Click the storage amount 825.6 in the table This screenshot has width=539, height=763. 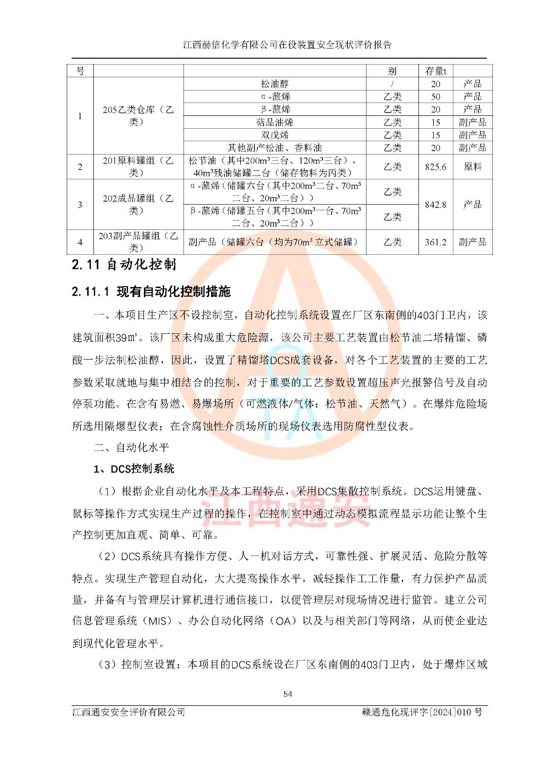coord(436,167)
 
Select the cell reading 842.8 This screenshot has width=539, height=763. coord(436,205)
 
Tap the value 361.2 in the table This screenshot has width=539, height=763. coord(436,242)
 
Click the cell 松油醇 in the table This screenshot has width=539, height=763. coord(275,84)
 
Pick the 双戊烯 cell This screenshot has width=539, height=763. coord(275,135)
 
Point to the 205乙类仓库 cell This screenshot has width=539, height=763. coord(138,115)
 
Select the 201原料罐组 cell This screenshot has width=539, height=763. coord(138,166)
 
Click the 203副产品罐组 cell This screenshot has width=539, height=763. coord(138,242)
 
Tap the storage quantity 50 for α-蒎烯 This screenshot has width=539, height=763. coord(436,97)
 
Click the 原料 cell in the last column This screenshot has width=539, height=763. coord(472,167)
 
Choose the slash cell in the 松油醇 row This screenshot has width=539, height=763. coord(392,84)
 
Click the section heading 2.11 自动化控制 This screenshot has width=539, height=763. coord(124,265)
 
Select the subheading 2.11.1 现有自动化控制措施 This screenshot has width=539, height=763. coord(151,291)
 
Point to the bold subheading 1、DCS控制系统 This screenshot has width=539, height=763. coord(134,469)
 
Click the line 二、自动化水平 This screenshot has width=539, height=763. coord(132,447)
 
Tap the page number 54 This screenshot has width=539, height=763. coord(287,694)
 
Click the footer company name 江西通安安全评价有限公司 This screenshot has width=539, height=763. coord(129,712)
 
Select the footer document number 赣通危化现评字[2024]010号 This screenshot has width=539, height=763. coord(422,712)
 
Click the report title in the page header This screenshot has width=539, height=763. coord(287,45)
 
